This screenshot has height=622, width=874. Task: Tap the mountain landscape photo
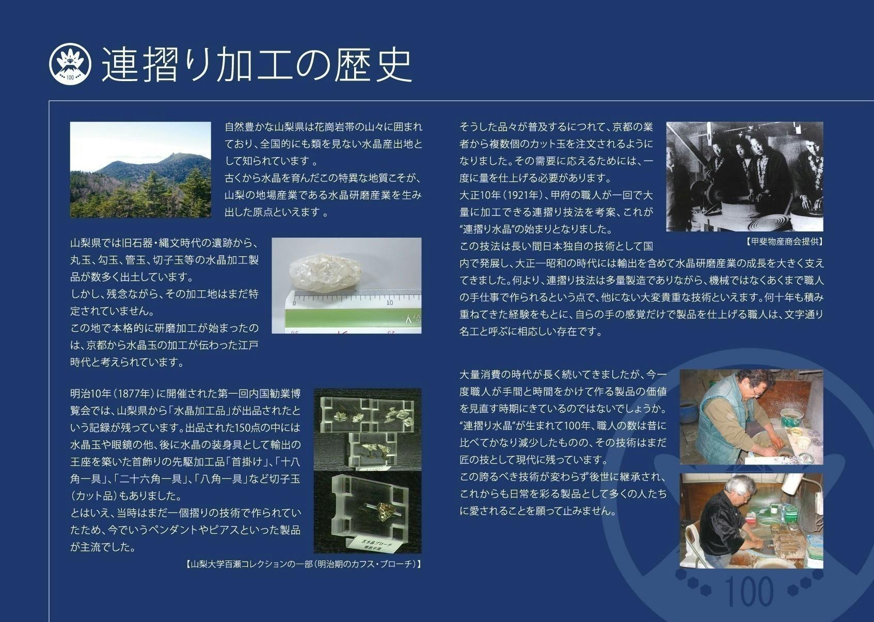click(x=140, y=169)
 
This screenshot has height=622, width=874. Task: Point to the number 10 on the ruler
click(x=389, y=302)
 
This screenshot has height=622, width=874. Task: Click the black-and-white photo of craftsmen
click(x=744, y=176)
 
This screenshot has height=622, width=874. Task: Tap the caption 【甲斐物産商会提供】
click(x=784, y=241)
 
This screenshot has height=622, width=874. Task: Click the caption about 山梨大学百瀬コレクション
click(x=303, y=565)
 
